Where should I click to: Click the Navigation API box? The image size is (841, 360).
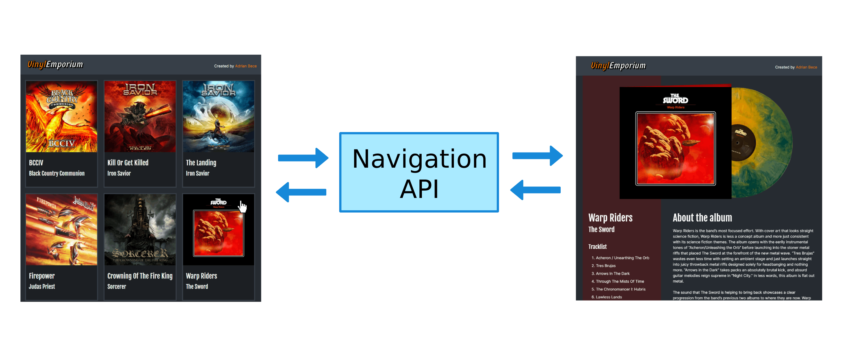point(419,172)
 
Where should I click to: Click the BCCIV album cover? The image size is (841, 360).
point(61,117)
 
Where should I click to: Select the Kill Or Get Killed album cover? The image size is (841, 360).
point(140,117)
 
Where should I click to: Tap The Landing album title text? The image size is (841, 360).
point(201,163)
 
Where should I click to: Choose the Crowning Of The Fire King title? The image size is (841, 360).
point(140,276)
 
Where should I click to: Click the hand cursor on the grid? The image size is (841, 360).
point(242,207)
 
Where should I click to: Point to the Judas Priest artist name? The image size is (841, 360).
point(42,287)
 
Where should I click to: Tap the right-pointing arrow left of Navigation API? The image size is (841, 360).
point(303,158)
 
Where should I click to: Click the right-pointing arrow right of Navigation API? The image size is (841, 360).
point(537,156)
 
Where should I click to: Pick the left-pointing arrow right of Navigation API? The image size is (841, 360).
point(535,190)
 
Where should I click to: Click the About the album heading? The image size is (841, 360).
point(702,218)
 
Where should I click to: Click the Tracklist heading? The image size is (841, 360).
point(597,247)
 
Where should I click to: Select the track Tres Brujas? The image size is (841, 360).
point(606,266)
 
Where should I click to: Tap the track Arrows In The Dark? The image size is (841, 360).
point(613,274)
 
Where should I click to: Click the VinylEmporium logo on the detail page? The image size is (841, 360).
point(618,66)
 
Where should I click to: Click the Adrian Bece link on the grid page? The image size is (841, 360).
point(246,66)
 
